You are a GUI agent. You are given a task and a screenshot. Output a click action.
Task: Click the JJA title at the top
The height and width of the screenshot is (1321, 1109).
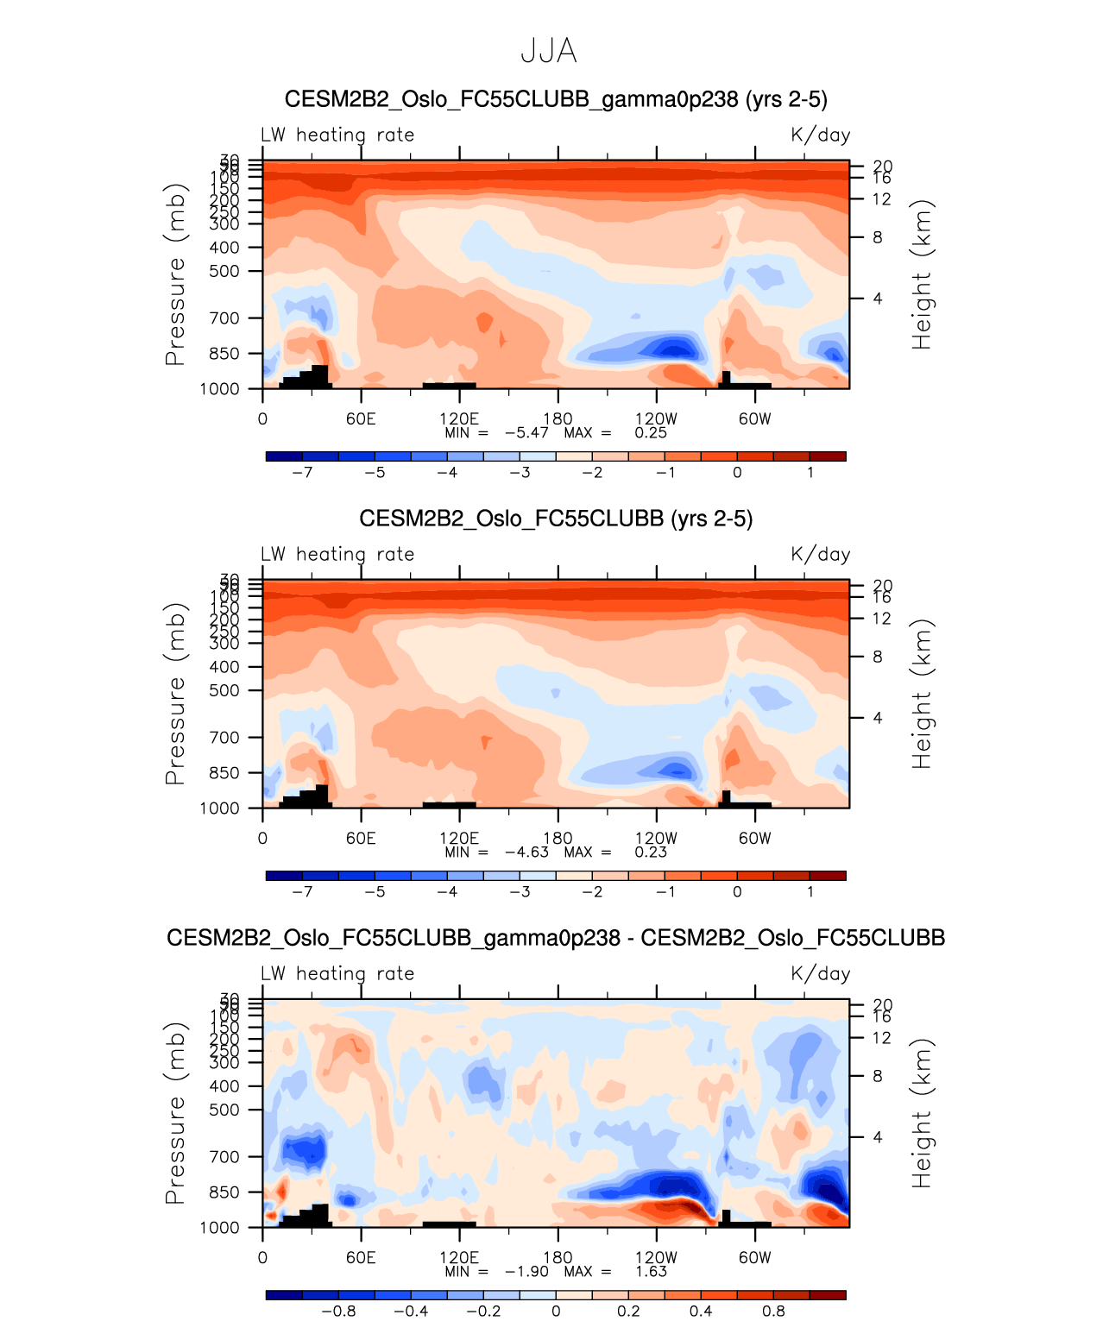tap(548, 52)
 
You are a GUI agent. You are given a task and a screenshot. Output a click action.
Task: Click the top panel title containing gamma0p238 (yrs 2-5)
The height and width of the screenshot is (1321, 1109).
tap(556, 99)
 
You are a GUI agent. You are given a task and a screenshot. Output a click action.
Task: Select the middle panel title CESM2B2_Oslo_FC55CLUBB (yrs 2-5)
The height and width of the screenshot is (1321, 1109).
tap(556, 519)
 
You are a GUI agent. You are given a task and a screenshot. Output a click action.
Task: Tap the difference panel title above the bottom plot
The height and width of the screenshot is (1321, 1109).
tap(556, 938)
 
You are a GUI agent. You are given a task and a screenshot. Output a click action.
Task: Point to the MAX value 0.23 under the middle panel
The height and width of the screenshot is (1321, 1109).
tap(651, 852)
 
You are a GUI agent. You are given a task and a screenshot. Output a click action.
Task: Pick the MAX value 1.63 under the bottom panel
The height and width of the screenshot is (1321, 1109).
tap(651, 1272)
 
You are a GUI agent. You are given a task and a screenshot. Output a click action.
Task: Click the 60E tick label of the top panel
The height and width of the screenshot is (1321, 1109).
tap(361, 419)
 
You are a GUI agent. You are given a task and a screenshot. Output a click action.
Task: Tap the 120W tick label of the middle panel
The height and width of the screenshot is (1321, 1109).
tap(656, 839)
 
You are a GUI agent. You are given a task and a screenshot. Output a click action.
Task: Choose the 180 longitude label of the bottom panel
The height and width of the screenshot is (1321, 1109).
tap(558, 1258)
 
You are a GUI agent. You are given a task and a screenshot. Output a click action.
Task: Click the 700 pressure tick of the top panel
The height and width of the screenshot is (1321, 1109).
tap(224, 318)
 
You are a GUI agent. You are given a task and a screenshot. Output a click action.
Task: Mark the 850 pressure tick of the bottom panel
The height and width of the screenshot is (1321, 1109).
tap(224, 1192)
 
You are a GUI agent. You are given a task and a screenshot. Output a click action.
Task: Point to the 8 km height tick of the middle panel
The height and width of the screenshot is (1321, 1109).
tap(877, 657)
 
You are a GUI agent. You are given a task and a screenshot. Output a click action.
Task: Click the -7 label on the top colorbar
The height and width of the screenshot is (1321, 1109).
tap(302, 473)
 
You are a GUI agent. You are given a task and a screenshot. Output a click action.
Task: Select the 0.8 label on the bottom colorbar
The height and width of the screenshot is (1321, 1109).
tap(773, 1312)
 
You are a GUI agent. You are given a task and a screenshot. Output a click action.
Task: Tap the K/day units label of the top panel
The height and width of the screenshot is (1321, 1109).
tap(820, 135)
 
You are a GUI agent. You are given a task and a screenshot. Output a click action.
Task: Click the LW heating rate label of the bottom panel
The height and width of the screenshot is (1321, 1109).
tap(337, 974)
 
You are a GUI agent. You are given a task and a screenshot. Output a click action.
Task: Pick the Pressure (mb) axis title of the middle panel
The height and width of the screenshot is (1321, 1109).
tap(175, 694)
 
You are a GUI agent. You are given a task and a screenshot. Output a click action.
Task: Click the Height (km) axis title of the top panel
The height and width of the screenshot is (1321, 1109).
tap(922, 274)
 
